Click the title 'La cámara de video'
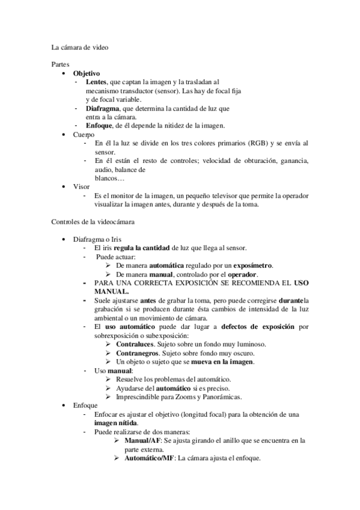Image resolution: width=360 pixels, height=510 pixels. [80, 46]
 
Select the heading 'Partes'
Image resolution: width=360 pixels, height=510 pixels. [61, 63]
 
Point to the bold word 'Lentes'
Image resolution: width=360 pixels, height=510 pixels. [96, 81]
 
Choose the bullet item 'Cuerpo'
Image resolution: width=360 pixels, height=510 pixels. [84, 135]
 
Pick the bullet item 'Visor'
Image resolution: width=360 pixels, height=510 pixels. [81, 187]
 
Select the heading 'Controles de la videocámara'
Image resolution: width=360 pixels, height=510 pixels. [93, 222]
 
